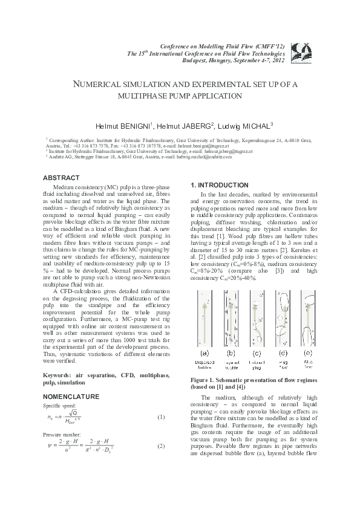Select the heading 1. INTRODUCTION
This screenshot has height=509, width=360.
(218, 185)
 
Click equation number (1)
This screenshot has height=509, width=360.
(161, 417)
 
